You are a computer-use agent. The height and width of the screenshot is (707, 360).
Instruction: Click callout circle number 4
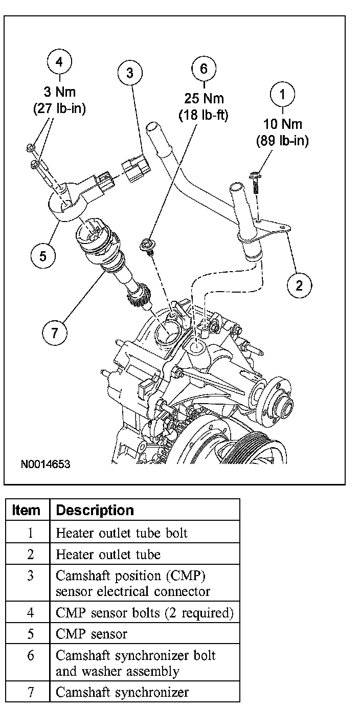(x=60, y=62)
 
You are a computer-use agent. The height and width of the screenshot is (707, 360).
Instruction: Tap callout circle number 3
(x=130, y=74)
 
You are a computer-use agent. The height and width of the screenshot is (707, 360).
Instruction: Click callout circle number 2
(x=299, y=284)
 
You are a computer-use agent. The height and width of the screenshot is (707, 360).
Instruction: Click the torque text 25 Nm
(x=204, y=99)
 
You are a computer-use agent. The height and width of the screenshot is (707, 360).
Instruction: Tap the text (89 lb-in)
(x=282, y=141)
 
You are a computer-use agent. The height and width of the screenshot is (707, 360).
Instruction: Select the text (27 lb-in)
(x=60, y=108)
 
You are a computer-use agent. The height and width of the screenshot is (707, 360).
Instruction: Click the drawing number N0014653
(x=46, y=465)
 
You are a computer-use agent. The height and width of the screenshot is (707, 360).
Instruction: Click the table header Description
(x=95, y=510)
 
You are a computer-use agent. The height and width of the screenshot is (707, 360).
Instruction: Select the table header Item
(x=26, y=510)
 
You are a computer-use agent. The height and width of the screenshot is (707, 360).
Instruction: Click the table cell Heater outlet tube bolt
(x=122, y=533)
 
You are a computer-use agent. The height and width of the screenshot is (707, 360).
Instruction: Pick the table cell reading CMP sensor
(x=92, y=634)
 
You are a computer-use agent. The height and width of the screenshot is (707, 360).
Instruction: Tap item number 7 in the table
(x=31, y=692)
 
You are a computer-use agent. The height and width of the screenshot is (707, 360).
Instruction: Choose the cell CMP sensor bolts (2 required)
(x=144, y=612)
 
